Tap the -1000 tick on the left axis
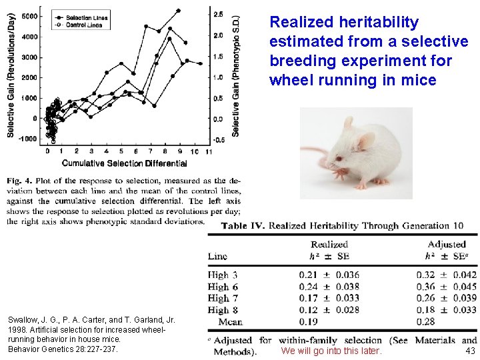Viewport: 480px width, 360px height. (27, 139)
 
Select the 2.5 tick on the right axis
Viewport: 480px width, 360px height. (217, 14)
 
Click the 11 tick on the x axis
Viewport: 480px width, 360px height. (209, 152)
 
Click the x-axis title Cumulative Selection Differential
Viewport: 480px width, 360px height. (123, 163)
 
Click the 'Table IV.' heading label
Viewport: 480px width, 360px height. (243, 226)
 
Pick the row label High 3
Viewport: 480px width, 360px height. (223, 275)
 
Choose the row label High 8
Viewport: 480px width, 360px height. (223, 310)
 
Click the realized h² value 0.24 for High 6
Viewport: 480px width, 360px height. (308, 287)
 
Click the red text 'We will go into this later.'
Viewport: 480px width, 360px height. (331, 351)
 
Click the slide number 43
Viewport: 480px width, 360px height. (471, 351)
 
